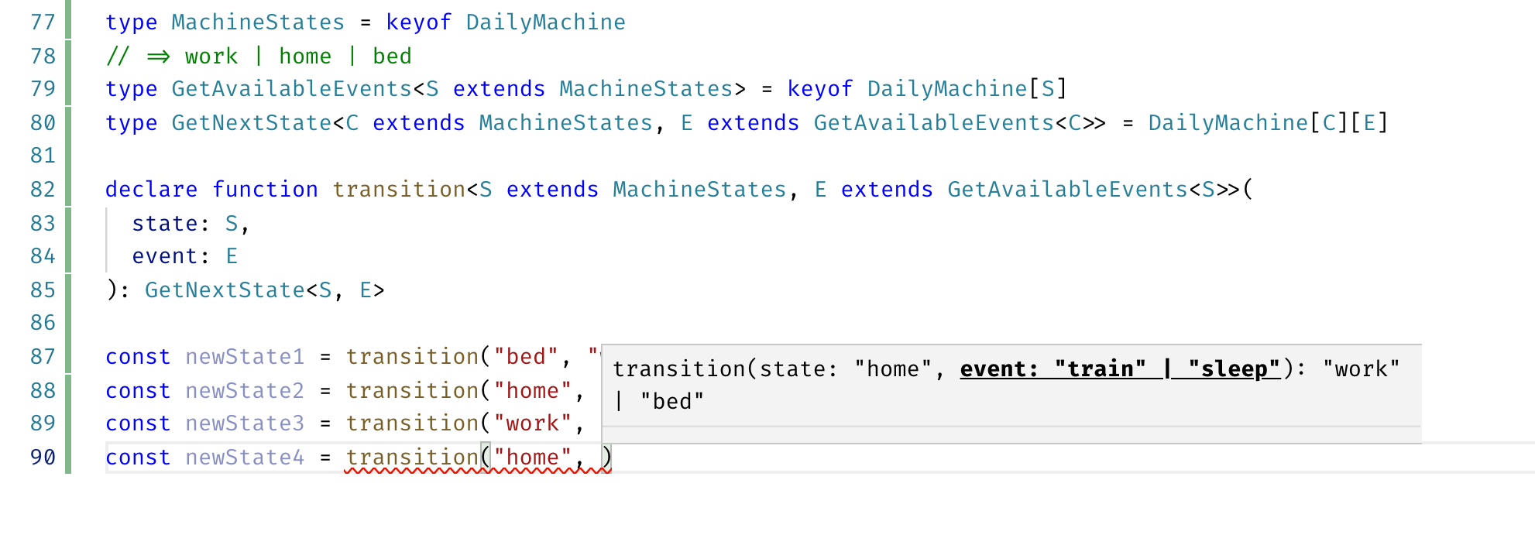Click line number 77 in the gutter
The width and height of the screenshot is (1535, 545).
pos(43,22)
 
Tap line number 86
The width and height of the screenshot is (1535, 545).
pos(43,323)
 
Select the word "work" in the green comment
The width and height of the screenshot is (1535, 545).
pos(211,57)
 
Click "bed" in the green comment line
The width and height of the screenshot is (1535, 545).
pos(392,57)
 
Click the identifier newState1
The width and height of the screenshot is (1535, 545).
pos(245,357)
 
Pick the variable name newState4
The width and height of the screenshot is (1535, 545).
pos(245,458)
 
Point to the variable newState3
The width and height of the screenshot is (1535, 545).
pos(245,423)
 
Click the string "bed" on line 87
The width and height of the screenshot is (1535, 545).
pos(526,357)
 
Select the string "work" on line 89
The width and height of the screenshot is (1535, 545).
pos(533,423)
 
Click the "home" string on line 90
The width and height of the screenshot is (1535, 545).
pos(533,458)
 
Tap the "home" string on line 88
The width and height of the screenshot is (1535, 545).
pos(533,391)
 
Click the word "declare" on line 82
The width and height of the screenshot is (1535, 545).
pos(151,190)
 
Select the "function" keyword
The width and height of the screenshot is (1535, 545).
pos(265,190)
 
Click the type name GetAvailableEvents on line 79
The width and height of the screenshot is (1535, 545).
pos(291,89)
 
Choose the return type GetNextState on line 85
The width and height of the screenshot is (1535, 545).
pos(225,290)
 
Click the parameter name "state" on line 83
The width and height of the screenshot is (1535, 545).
pos(165,224)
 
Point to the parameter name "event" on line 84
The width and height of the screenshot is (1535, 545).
pos(165,256)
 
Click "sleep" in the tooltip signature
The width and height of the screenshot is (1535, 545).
pos(1234,369)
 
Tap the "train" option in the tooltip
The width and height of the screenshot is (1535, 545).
pos(1100,369)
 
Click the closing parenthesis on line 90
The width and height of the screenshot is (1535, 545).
pos(607,458)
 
